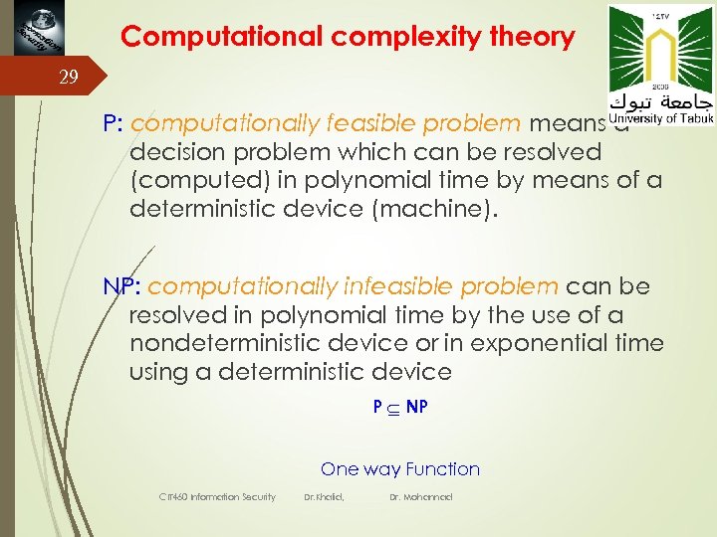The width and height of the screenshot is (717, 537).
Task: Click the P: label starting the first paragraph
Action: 113,124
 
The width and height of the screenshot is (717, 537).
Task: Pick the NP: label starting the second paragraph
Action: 123,287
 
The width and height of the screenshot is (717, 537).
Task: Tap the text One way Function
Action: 400,469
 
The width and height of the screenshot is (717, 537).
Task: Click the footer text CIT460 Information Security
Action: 217,496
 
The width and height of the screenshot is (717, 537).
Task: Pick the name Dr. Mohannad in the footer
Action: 420,496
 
